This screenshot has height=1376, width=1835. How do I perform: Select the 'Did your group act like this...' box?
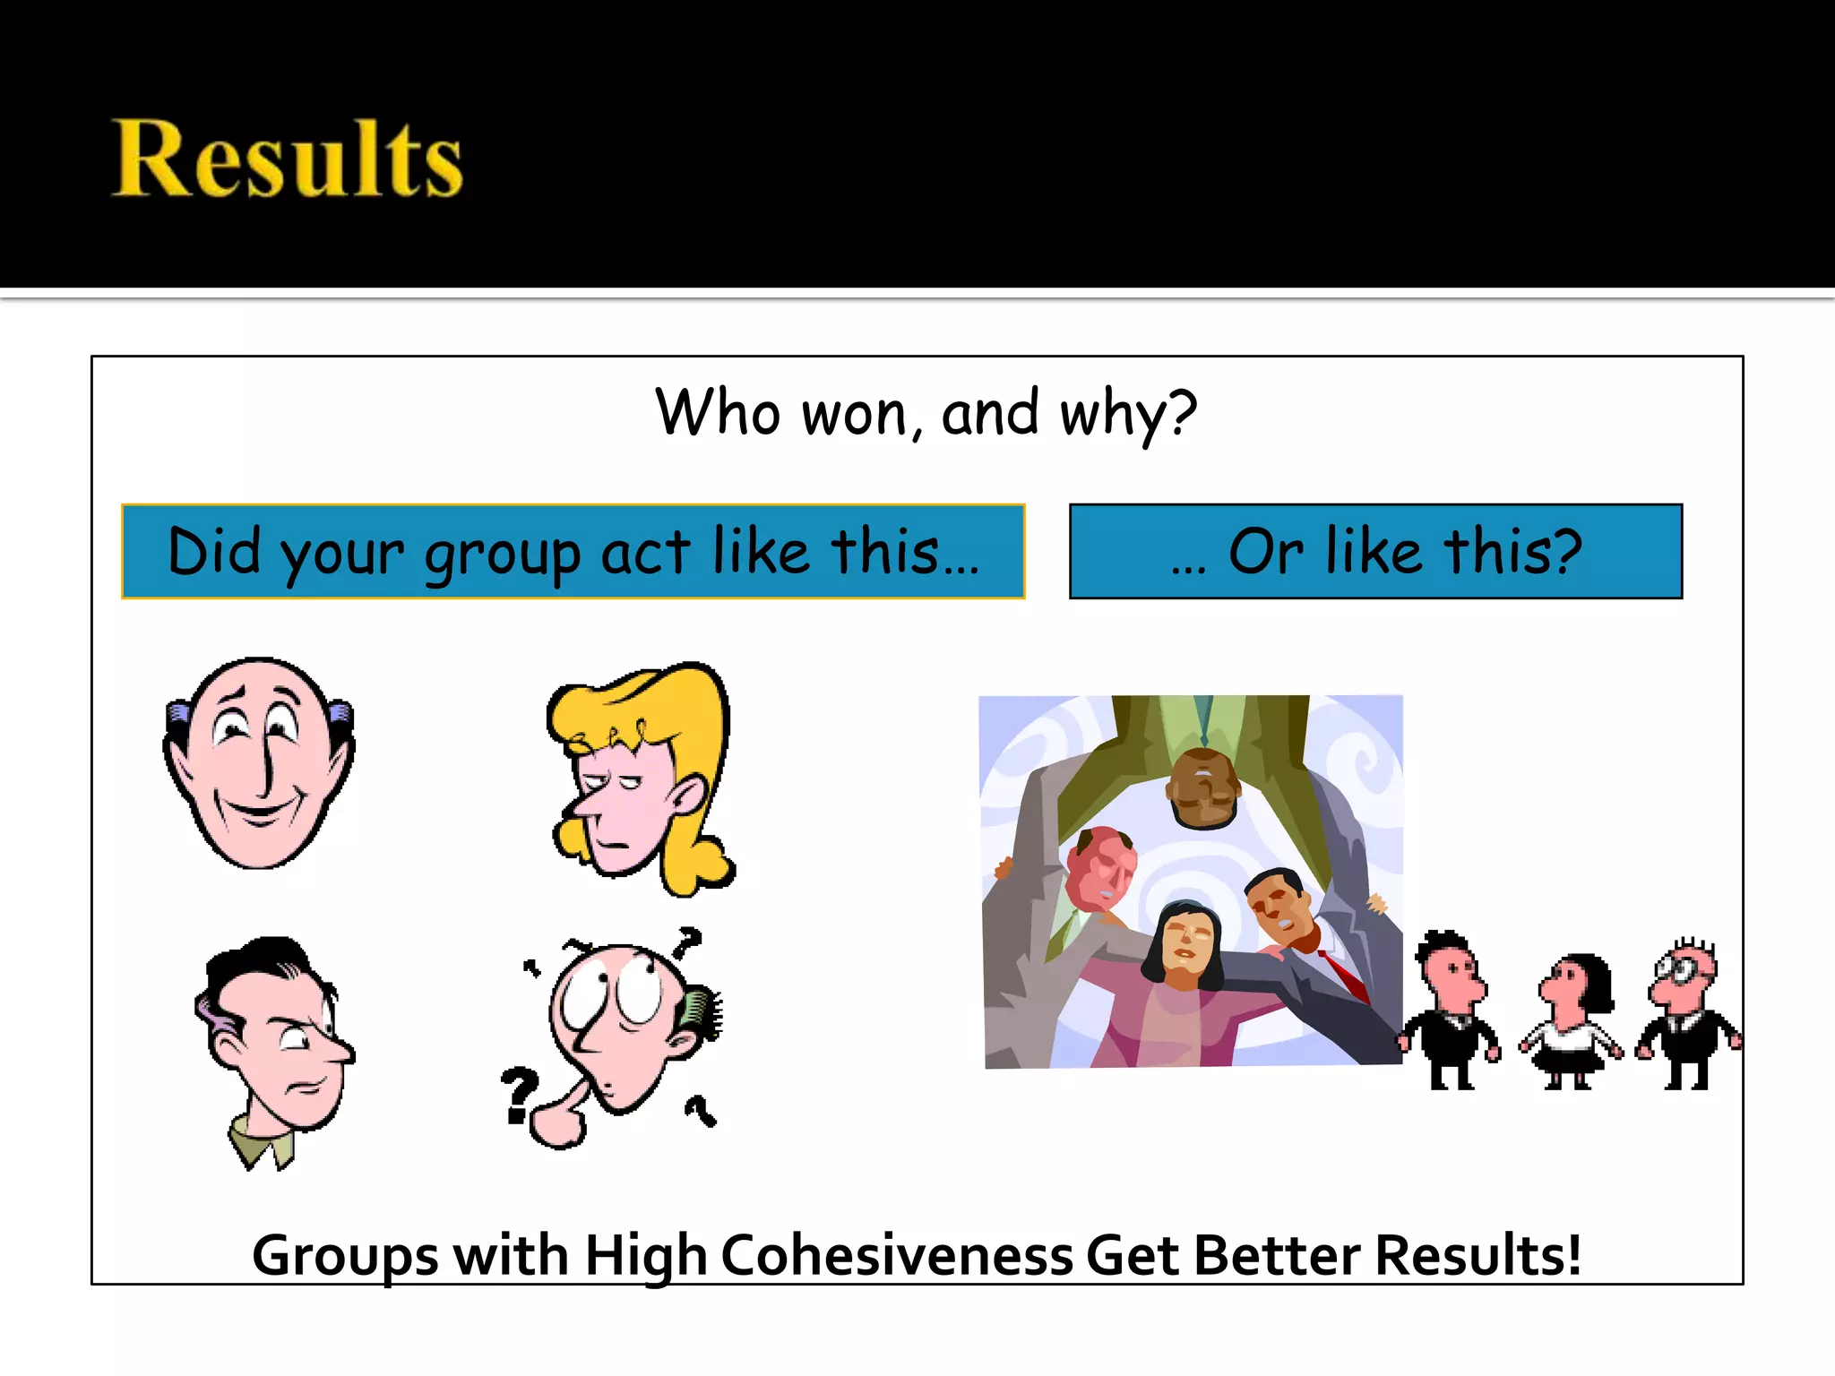pyautogui.click(x=573, y=551)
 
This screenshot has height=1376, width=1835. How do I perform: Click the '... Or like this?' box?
pyautogui.click(x=1375, y=551)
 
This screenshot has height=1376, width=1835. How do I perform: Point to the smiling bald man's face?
pyautogui.click(x=259, y=761)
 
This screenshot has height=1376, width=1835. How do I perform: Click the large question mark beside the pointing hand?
pyautogui.click(x=518, y=1093)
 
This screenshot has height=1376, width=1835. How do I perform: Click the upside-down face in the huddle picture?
pyautogui.click(x=1203, y=788)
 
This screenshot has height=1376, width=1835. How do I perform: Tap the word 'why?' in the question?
pyautogui.click(x=1127, y=414)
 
